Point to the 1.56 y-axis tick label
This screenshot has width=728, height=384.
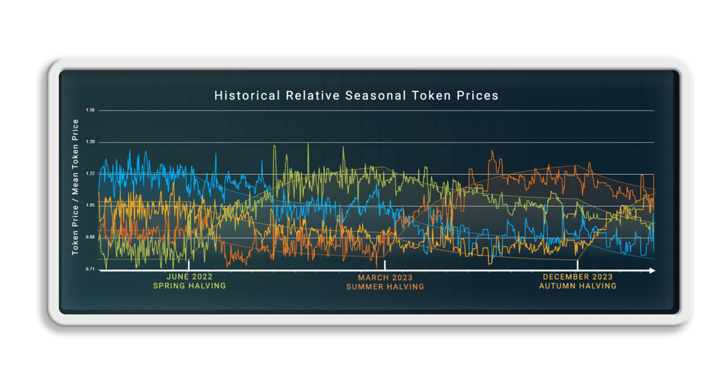click(x=91, y=110)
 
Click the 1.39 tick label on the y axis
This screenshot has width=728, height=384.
click(x=91, y=142)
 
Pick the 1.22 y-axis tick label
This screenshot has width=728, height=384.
click(x=91, y=174)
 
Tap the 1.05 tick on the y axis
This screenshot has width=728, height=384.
click(x=91, y=206)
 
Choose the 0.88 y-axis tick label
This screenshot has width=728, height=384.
click(x=91, y=238)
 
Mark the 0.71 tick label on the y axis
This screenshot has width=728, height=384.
click(x=91, y=269)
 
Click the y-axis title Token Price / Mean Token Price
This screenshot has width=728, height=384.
click(x=76, y=187)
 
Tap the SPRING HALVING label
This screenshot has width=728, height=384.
click(x=189, y=286)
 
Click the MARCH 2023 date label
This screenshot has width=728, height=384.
click(x=385, y=278)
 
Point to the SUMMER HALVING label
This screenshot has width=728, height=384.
click(x=385, y=287)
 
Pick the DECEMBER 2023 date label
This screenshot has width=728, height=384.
click(x=577, y=277)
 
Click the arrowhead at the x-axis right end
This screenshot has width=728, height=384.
click(x=651, y=271)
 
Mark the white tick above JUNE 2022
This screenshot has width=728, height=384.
click(x=189, y=265)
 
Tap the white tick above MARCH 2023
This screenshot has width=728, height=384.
click(x=385, y=265)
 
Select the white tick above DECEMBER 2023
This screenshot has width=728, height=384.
click(x=578, y=265)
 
